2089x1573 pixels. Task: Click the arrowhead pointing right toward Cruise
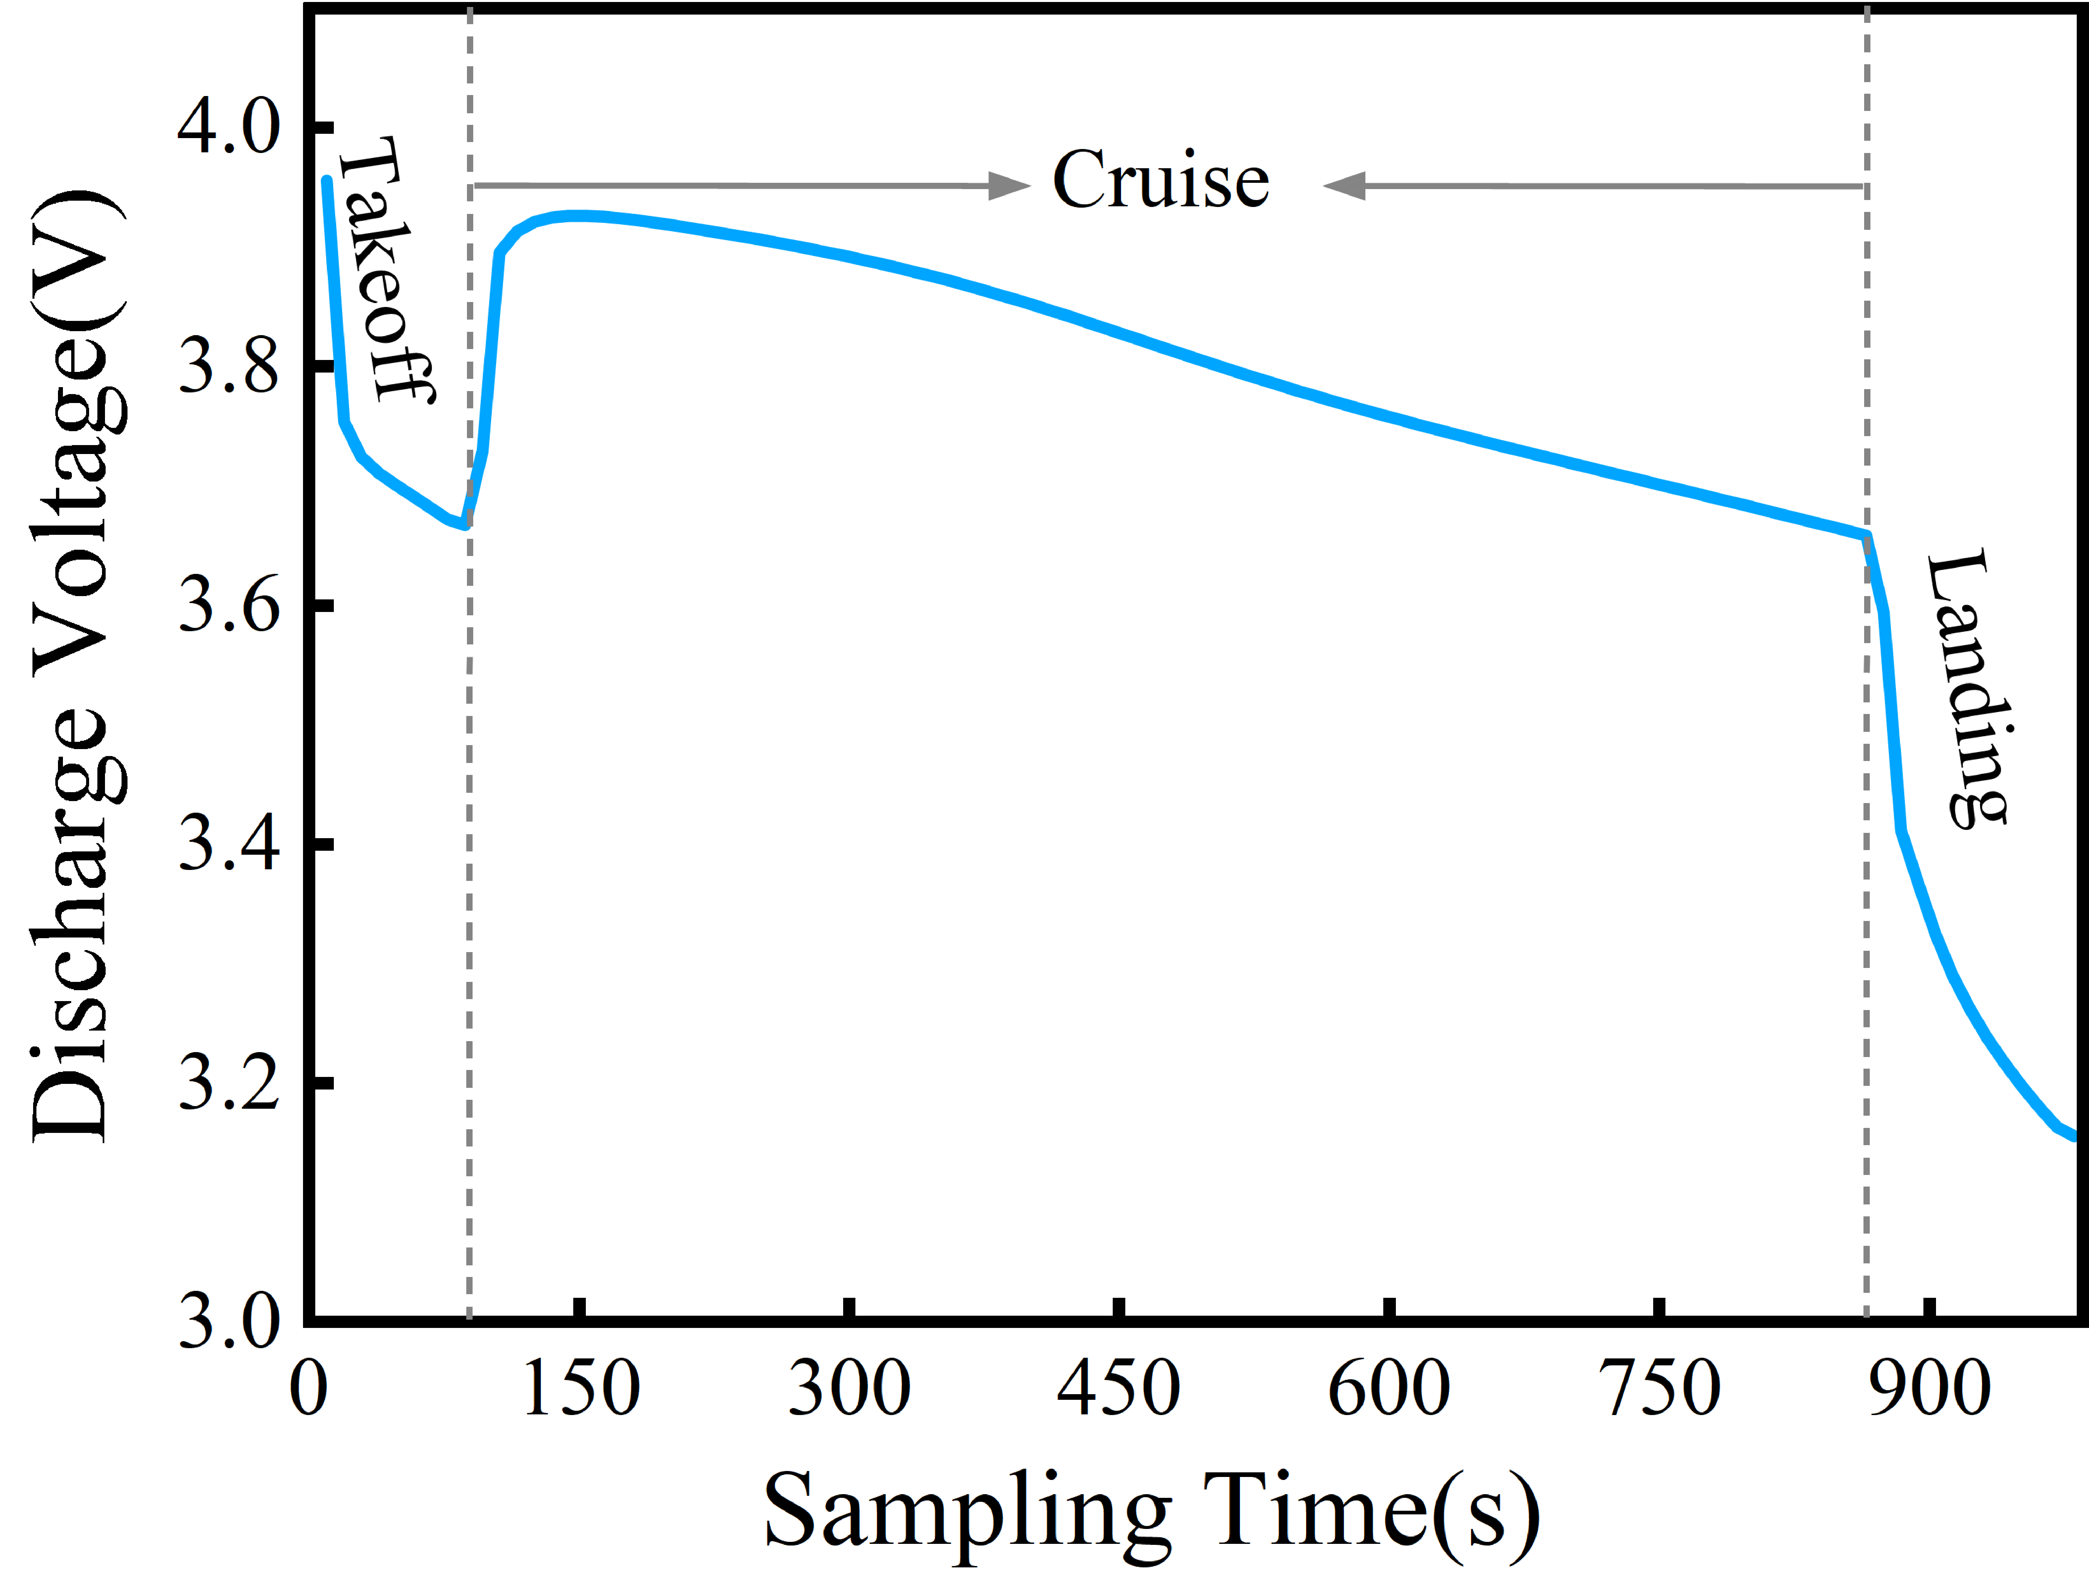[1009, 186]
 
